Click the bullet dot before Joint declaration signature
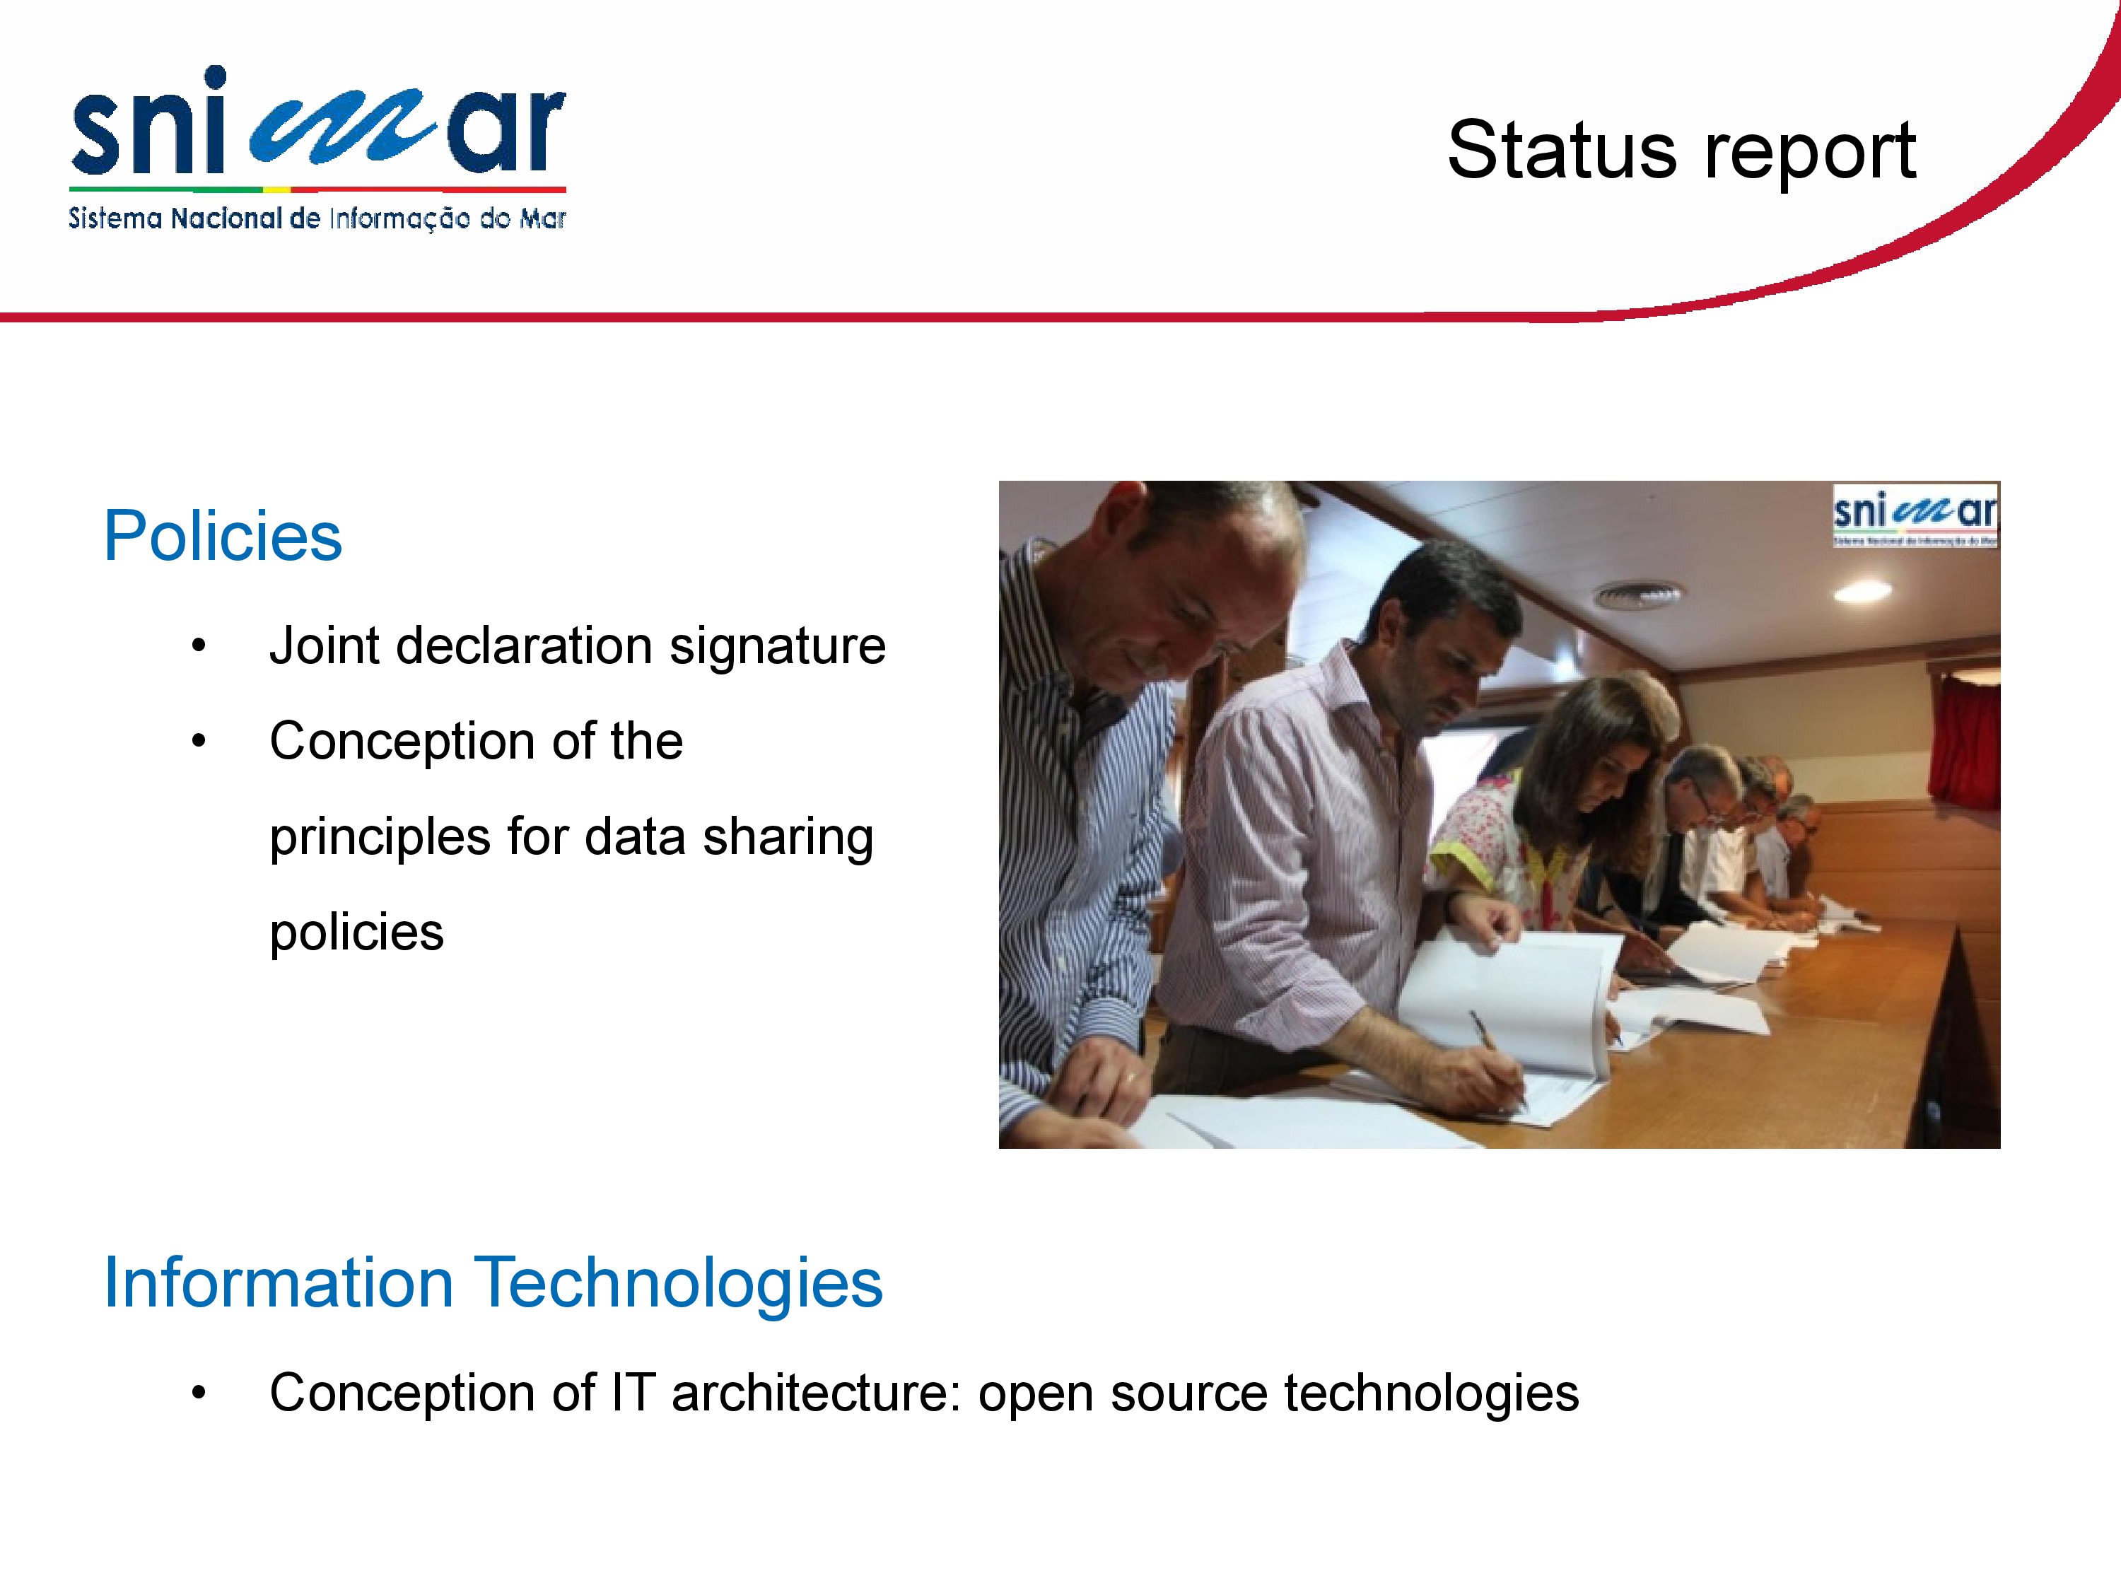click(199, 646)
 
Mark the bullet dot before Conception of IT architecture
click(199, 1393)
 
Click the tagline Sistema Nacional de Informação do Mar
click(317, 218)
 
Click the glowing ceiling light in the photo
click(1862, 592)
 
